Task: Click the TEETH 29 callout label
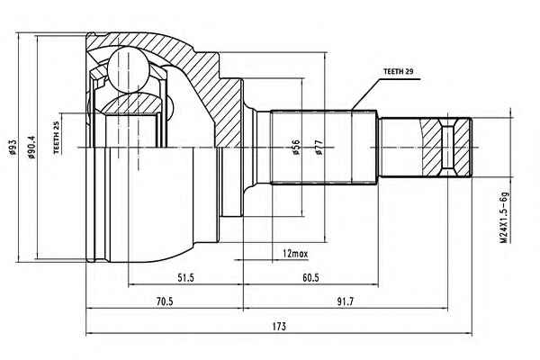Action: coord(398,72)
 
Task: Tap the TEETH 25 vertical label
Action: coord(57,137)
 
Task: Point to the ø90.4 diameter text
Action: coord(31,147)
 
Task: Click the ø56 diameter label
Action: coord(296,147)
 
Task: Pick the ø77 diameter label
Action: coord(319,147)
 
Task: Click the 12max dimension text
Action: coord(295,254)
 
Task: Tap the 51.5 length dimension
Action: coord(185,277)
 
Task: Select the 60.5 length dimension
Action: coord(310,277)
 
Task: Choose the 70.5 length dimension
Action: coord(165,301)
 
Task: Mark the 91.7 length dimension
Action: coord(345,301)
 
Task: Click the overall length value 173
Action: coord(279,326)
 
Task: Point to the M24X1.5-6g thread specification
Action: coord(505,217)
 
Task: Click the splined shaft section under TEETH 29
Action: coord(323,148)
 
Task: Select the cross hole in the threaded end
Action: coord(447,148)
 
